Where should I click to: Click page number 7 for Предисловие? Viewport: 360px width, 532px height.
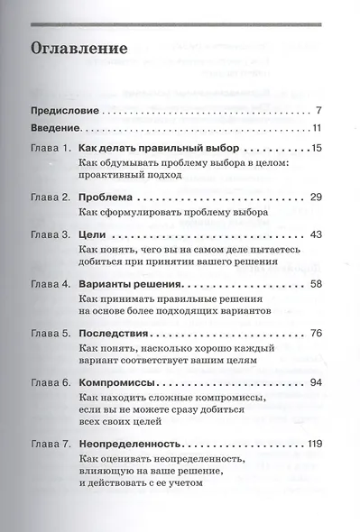333,111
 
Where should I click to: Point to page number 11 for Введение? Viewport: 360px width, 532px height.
330,126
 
